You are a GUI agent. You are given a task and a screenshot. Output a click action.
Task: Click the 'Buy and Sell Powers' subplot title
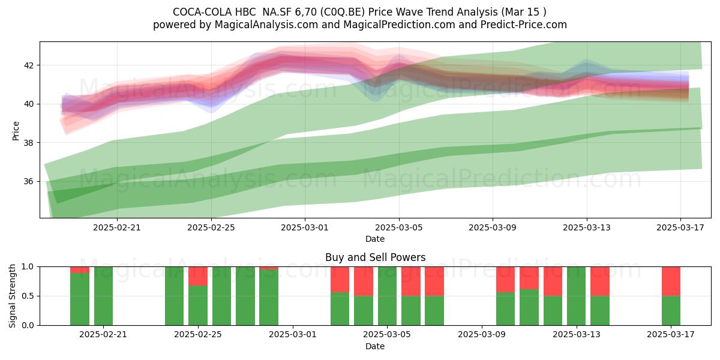click(x=375, y=257)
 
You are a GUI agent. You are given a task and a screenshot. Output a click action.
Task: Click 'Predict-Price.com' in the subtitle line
click(x=524, y=25)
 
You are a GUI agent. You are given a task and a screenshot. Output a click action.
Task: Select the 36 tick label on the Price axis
click(x=28, y=181)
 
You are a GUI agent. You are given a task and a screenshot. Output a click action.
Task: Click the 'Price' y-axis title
click(x=16, y=131)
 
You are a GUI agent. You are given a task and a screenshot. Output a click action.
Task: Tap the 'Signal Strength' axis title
click(x=12, y=296)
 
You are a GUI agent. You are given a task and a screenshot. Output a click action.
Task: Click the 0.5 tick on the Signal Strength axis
click(x=28, y=296)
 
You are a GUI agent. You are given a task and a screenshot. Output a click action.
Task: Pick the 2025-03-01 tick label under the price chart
click(x=305, y=227)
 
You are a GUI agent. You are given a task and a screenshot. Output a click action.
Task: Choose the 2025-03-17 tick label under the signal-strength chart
click(x=671, y=335)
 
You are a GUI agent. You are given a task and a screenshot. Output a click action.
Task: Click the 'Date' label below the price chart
click(x=375, y=239)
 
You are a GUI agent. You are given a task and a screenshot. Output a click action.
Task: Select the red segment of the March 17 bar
click(x=671, y=281)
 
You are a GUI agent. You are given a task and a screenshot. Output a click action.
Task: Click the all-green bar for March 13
click(x=577, y=296)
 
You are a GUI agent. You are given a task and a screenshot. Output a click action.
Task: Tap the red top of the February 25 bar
click(x=198, y=276)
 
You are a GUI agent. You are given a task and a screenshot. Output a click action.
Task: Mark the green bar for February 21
click(x=103, y=296)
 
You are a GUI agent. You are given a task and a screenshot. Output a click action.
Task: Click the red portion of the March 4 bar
click(x=364, y=281)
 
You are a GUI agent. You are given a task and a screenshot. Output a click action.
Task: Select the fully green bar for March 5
click(x=388, y=296)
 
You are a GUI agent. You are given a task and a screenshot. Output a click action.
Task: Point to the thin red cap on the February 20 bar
click(x=80, y=270)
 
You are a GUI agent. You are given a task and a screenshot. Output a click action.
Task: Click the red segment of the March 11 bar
click(x=529, y=278)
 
